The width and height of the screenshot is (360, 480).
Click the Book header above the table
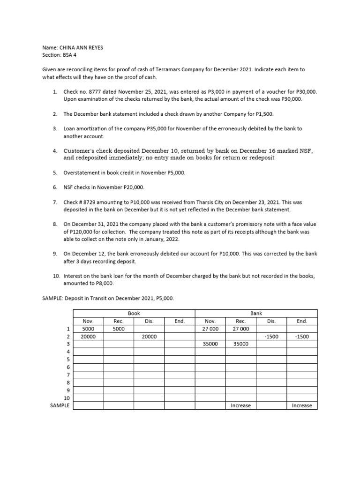click(x=134, y=313)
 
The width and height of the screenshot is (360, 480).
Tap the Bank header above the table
click(x=256, y=313)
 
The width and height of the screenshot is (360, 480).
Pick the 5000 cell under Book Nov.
click(x=88, y=329)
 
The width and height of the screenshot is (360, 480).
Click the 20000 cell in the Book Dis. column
click(x=149, y=337)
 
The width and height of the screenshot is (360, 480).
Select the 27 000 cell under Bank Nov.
click(x=210, y=329)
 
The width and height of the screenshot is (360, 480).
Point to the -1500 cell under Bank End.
click(x=301, y=337)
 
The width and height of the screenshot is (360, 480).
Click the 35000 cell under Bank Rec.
click(x=240, y=344)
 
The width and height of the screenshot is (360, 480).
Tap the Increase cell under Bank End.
click(x=301, y=405)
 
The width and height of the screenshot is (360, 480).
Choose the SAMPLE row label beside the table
click(x=60, y=405)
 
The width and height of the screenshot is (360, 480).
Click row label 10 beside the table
click(x=66, y=397)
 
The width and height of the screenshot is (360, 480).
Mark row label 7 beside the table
click(x=68, y=375)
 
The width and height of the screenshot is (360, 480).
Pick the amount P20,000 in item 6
click(x=132, y=187)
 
